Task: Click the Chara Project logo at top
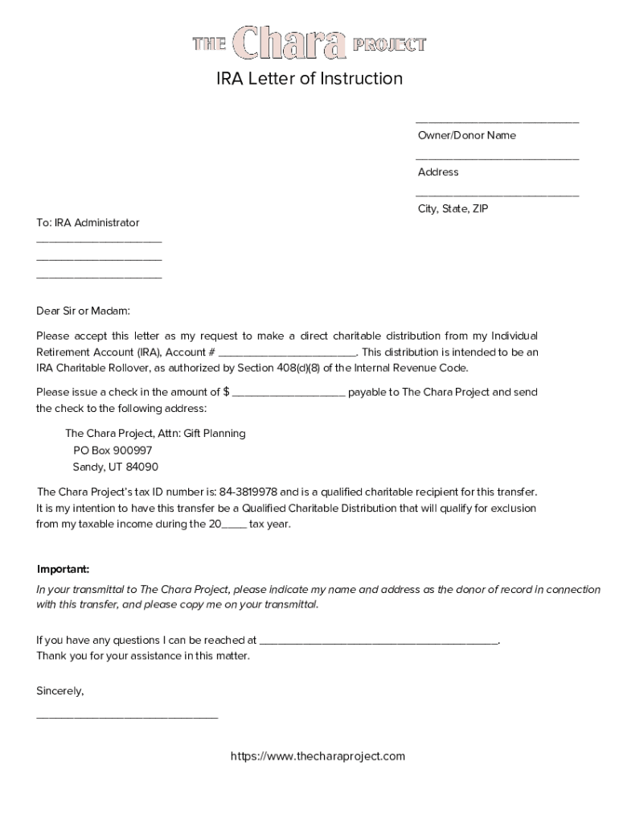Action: tap(309, 44)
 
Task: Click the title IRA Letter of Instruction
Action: tap(309, 79)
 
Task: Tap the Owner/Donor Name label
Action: tap(466, 135)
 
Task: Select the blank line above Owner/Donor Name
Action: tap(497, 122)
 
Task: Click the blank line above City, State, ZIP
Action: tap(497, 195)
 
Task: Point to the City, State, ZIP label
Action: tap(453, 208)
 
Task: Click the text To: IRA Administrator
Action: tap(88, 222)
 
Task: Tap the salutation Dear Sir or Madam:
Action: tap(83, 311)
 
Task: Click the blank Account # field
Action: tap(287, 353)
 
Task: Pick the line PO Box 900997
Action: tap(112, 451)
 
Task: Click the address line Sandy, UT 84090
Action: tap(115, 467)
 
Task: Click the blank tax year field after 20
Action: tap(234, 525)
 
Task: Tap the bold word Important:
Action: tap(63, 569)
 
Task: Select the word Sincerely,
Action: tap(60, 691)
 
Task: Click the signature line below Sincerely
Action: tap(127, 716)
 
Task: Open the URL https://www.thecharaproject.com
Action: tap(318, 756)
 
